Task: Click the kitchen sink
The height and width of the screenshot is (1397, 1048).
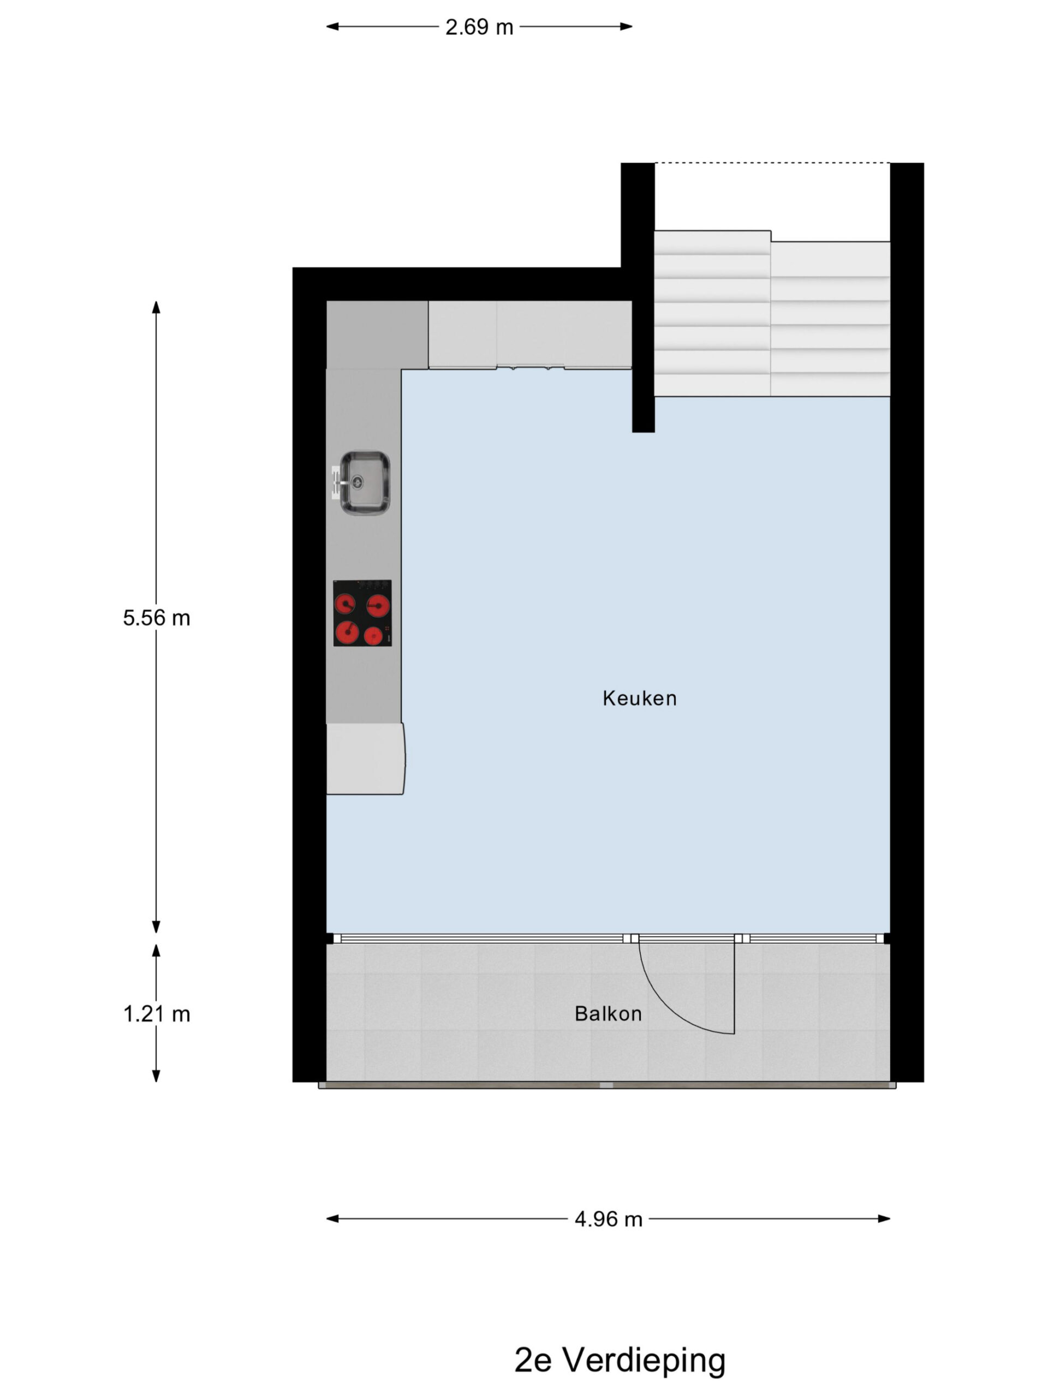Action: [365, 482]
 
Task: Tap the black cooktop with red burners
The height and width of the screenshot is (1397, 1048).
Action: [362, 613]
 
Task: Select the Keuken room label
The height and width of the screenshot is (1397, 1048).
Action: [639, 698]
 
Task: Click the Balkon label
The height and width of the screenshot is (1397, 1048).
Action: [608, 1014]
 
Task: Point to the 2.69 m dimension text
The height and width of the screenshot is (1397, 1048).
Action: [479, 27]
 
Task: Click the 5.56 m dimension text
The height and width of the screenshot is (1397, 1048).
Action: [157, 618]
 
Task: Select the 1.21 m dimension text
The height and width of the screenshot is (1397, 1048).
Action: [157, 1014]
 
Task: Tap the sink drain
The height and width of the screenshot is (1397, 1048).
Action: [358, 482]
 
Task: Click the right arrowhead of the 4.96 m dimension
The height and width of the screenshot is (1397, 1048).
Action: [884, 1219]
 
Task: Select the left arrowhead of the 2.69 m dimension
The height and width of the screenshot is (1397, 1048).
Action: [332, 27]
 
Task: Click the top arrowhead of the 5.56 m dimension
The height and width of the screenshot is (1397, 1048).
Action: [156, 307]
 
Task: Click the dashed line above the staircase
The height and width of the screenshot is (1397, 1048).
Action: [772, 163]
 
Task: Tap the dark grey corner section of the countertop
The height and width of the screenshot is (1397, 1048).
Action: [377, 335]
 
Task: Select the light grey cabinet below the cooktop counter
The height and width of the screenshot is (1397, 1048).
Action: [365, 759]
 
